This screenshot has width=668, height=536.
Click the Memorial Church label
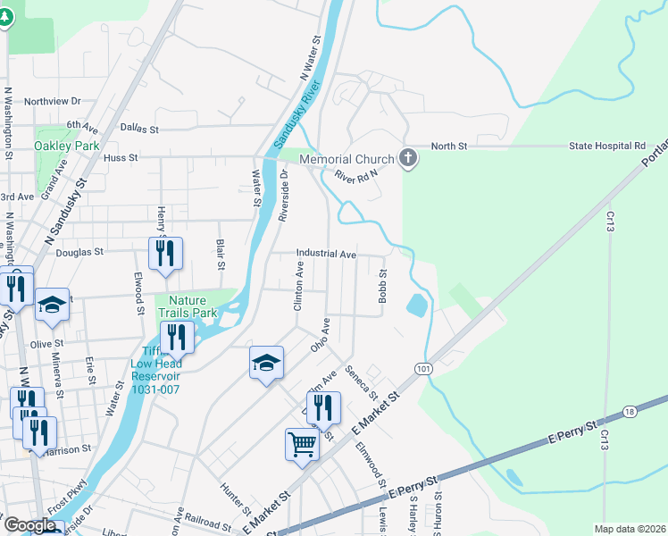pos(347,160)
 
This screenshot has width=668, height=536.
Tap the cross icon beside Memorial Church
pos(408,159)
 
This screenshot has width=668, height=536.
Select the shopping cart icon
pos(302,443)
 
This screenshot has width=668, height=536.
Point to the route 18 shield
pos(630,411)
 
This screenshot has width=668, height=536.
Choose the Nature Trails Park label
pos(188,307)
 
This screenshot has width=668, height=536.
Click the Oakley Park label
pos(66,146)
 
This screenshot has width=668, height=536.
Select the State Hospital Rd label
pos(613,146)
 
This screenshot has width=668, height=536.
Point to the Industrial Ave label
pos(327,255)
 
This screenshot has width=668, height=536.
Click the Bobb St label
pos(382,286)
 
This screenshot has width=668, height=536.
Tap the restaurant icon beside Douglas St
pos(165,253)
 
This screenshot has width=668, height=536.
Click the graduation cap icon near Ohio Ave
pos(266,362)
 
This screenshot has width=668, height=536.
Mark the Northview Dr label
pos(53,102)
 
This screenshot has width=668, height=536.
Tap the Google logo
pos(29,526)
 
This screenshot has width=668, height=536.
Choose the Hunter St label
pos(235,499)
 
